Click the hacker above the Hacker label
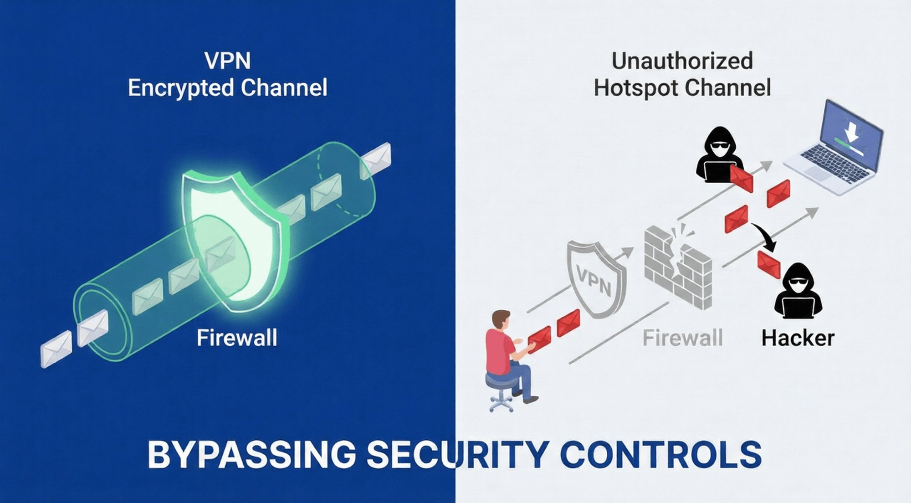point(798,292)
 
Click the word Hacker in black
point(798,339)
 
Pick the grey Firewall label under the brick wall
point(682,339)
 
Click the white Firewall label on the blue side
point(237,339)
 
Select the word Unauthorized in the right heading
point(682,61)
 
